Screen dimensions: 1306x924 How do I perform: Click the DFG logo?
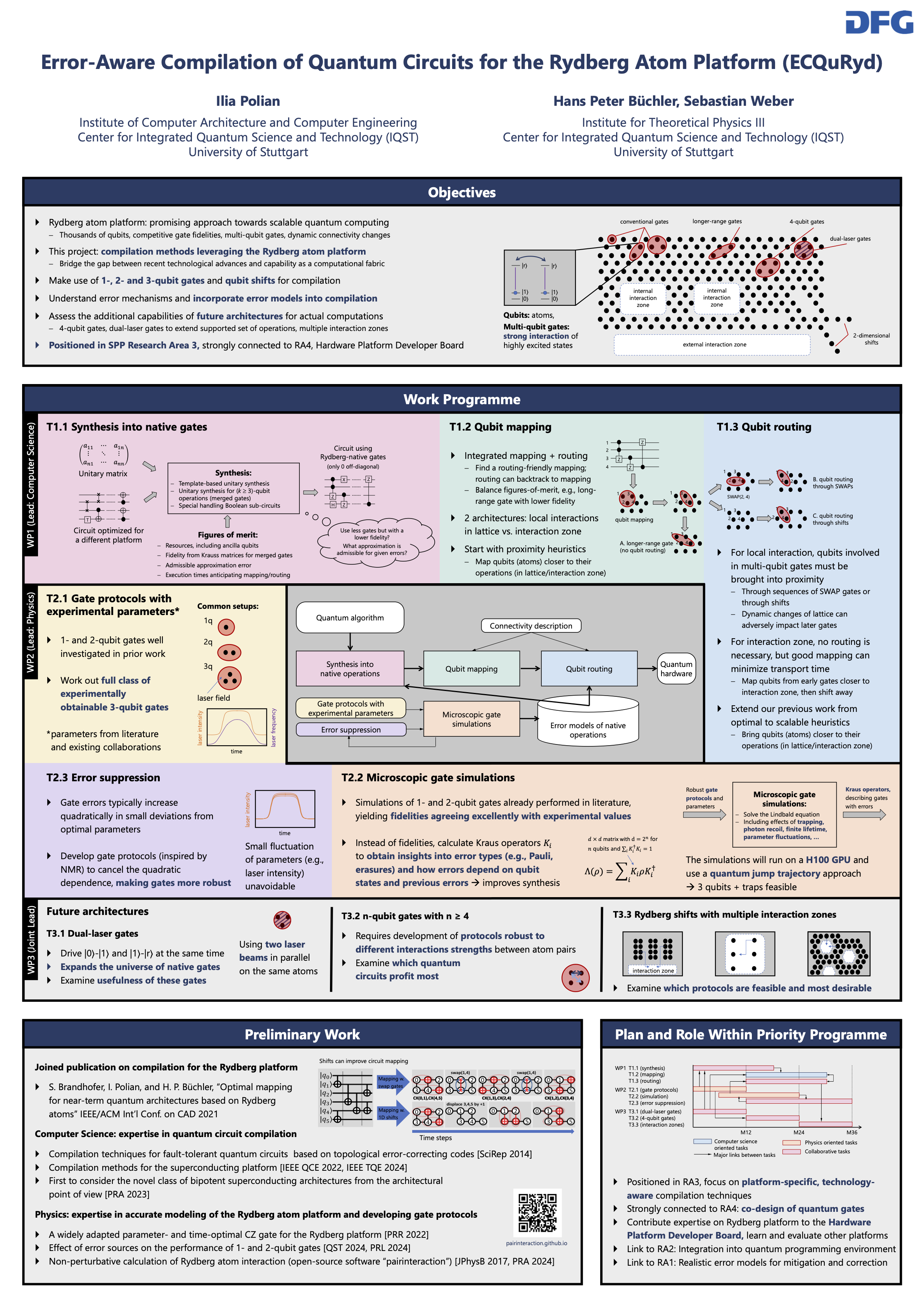pos(879,23)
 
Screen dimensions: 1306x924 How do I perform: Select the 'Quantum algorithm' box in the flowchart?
pos(350,618)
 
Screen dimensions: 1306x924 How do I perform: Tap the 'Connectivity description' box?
pos(531,626)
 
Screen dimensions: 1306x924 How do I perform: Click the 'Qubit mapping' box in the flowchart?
pos(471,669)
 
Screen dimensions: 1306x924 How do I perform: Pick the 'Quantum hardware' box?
pos(676,669)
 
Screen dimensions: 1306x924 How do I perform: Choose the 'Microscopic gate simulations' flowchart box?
pos(471,719)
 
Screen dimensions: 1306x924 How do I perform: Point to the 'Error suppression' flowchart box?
pos(351,730)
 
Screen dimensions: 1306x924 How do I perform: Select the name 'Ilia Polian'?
pos(248,101)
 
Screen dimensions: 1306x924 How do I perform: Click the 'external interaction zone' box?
pos(714,345)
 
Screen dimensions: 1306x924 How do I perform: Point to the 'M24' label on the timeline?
pos(799,1132)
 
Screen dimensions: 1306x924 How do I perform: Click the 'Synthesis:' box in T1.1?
pos(233,488)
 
